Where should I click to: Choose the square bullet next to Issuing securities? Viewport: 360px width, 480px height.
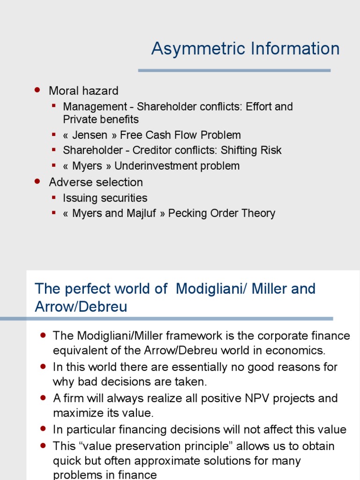54,198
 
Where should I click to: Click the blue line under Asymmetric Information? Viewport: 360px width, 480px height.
234,70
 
